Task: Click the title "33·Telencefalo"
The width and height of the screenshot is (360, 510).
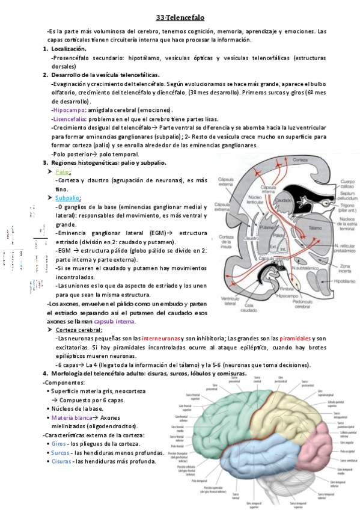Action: click(x=180, y=18)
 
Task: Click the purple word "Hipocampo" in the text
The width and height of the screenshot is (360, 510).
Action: click(x=69, y=111)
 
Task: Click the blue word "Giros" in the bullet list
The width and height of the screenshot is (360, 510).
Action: click(x=59, y=443)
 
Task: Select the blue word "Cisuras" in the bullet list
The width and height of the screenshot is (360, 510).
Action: click(x=61, y=461)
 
